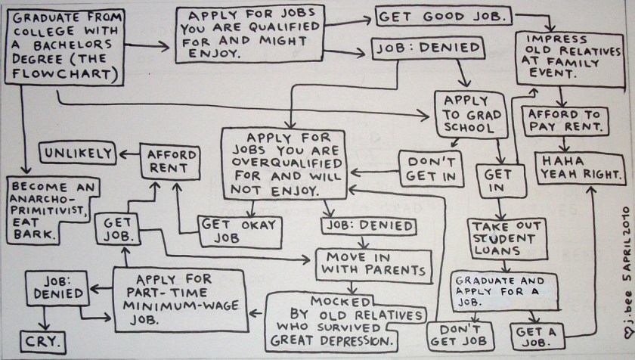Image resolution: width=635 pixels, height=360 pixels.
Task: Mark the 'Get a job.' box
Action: pos(541,334)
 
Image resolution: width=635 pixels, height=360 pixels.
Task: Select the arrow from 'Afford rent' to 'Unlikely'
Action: pos(126,154)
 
